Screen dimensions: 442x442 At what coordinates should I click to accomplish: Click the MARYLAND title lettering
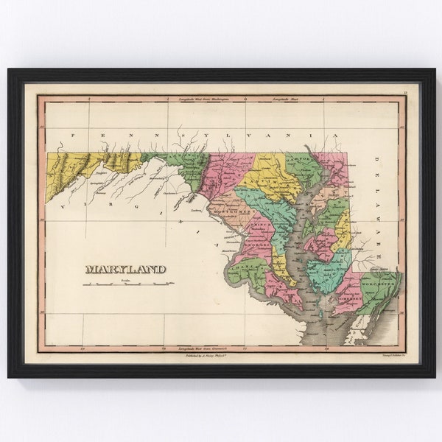pyautogui.click(x=125, y=269)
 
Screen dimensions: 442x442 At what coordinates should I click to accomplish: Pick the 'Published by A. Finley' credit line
pyautogui.click(x=207, y=354)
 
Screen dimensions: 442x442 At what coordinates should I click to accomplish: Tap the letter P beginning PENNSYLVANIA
pyautogui.click(x=73, y=136)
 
